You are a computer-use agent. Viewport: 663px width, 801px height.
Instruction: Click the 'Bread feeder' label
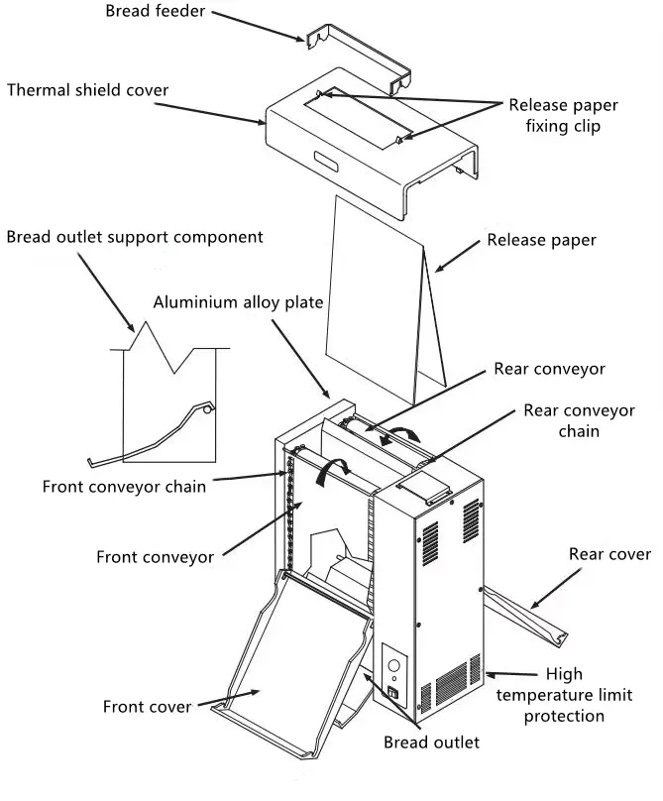[156, 11]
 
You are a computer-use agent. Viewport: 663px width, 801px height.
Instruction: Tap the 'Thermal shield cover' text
[87, 90]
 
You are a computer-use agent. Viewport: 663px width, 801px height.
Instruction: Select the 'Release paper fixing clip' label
[563, 115]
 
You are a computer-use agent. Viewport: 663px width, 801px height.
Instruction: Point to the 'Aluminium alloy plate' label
[238, 302]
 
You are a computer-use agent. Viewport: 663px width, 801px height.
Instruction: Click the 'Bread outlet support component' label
[135, 238]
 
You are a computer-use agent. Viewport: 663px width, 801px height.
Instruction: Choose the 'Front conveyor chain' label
[124, 487]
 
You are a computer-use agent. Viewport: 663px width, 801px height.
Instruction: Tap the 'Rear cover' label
[609, 554]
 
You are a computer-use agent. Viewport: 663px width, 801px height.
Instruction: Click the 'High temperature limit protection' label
[564, 695]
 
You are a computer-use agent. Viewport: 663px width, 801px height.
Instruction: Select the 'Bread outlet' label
[432, 743]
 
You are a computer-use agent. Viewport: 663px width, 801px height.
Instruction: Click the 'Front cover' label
[147, 707]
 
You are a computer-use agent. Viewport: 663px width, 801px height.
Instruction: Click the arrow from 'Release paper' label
[457, 256]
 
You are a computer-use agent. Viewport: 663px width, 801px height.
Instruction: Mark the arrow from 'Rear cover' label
[556, 589]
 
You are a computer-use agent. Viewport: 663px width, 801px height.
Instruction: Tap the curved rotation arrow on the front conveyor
[332, 470]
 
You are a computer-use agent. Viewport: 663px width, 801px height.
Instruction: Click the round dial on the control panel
[393, 665]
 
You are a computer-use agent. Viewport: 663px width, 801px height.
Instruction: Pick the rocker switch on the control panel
[392, 693]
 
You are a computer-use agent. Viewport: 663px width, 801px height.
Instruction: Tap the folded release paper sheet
[386, 298]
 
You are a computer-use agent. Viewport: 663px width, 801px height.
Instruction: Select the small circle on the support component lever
[207, 409]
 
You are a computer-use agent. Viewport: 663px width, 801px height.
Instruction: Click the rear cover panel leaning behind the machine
[524, 617]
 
